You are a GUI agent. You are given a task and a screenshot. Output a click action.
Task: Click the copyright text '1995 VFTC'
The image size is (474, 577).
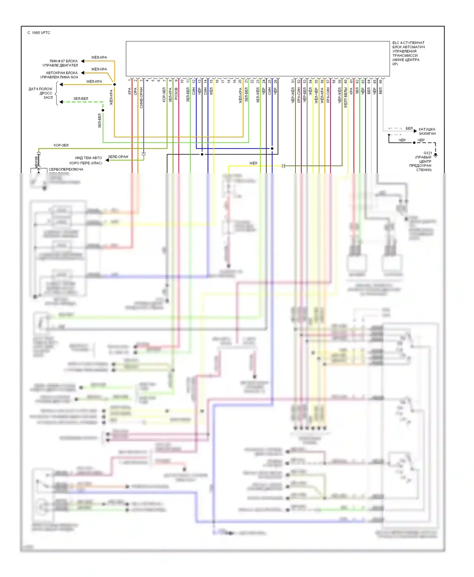[41, 33]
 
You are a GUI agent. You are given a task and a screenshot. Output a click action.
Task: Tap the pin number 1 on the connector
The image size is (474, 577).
[130, 81]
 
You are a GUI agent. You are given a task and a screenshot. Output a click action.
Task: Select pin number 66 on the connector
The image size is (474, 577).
[380, 81]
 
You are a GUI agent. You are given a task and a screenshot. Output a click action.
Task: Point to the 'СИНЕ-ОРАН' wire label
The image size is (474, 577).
[141, 98]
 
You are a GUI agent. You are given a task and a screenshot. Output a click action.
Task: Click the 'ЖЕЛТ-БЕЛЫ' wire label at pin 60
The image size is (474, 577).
[345, 98]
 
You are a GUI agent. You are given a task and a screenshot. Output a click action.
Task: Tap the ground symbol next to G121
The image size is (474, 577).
[435, 156]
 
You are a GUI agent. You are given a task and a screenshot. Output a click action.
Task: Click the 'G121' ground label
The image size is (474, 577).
[428, 153]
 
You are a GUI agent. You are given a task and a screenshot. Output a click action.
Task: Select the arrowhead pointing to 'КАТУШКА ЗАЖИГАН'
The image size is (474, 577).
[415, 131]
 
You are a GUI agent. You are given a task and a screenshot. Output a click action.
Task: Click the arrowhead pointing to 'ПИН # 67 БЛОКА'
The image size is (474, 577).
[82, 61]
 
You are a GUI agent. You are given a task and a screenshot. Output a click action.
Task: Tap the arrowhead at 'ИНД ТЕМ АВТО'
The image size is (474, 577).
[107, 160]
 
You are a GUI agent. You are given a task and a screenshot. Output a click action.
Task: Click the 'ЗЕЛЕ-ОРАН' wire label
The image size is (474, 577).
[118, 157]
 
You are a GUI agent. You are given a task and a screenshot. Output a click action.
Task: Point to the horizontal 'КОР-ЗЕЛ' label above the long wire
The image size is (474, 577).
[61, 145]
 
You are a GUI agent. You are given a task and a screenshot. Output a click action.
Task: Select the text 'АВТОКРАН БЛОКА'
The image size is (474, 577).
[62, 73]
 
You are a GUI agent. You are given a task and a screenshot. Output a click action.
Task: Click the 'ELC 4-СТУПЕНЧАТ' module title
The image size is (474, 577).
[408, 43]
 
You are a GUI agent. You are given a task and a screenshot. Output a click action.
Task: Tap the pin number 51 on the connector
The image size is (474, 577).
[293, 81]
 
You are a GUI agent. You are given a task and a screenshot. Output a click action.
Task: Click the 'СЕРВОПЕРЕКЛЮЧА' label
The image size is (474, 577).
[66, 170]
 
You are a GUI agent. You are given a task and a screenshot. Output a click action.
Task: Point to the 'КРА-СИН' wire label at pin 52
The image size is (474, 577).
[299, 95]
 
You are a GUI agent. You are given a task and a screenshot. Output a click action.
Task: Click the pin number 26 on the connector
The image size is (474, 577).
[275, 81]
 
